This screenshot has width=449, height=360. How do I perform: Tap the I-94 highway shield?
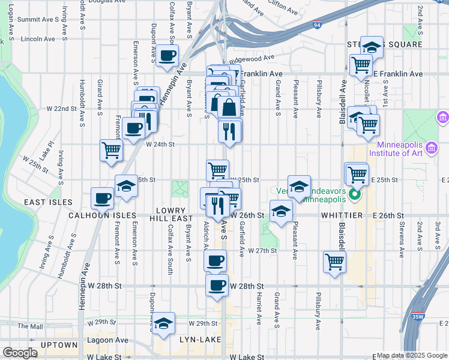pos(316,25)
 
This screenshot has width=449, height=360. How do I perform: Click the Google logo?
pos(20,353)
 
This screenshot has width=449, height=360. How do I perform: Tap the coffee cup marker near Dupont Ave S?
pos(167,56)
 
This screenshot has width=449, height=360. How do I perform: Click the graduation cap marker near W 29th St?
pos(163,323)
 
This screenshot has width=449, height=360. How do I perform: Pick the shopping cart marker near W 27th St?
pos(334,261)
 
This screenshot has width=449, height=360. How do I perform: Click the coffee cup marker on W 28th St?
pos(217,285)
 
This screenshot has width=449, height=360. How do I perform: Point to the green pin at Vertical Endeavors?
pos(355,194)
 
